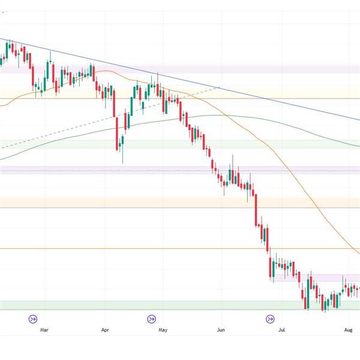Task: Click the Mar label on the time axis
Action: [x=43, y=329]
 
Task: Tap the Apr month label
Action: [x=106, y=329]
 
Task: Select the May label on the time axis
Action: [x=163, y=329]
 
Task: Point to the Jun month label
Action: [x=221, y=329]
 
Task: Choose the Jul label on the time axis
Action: [x=281, y=329]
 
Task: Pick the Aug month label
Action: [x=349, y=329]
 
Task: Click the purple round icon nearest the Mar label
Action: [x=33, y=319]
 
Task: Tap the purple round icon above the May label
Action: [x=152, y=319]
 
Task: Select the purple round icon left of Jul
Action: [x=270, y=319]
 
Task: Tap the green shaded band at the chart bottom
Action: [x=180, y=305]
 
